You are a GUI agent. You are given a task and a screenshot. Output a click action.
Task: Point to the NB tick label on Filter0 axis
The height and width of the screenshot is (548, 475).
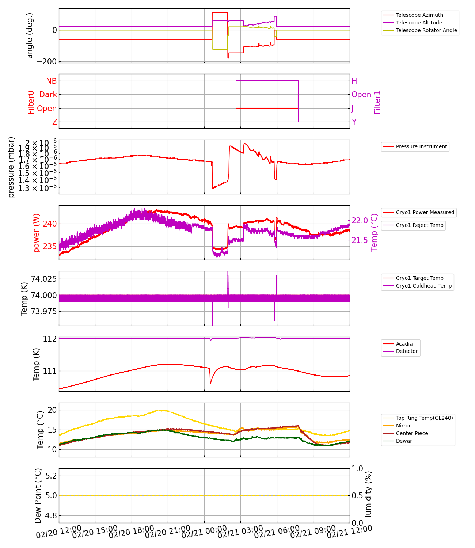coord(51,81)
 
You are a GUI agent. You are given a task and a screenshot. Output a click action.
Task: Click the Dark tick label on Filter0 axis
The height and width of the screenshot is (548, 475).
coord(48,95)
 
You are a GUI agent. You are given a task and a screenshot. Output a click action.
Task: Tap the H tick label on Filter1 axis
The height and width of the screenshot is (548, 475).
coord(354,81)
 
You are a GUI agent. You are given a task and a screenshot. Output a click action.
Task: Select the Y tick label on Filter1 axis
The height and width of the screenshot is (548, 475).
coord(354,122)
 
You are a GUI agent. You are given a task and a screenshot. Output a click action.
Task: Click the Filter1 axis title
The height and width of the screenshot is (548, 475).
coord(377,102)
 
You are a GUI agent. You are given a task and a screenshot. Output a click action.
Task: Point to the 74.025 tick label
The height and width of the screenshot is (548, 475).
coord(43,279)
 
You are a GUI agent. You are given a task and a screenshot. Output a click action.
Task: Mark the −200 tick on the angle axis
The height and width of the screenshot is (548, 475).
coord(46,62)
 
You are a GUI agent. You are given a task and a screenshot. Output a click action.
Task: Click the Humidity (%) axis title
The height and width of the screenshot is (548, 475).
coord(368,495)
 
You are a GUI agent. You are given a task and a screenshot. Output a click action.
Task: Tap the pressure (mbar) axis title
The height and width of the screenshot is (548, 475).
coord(11,167)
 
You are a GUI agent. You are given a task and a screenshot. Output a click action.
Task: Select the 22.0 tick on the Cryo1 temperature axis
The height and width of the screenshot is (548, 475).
coord(360,220)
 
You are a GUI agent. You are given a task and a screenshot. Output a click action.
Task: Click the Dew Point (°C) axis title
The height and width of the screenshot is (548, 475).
coord(38,495)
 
